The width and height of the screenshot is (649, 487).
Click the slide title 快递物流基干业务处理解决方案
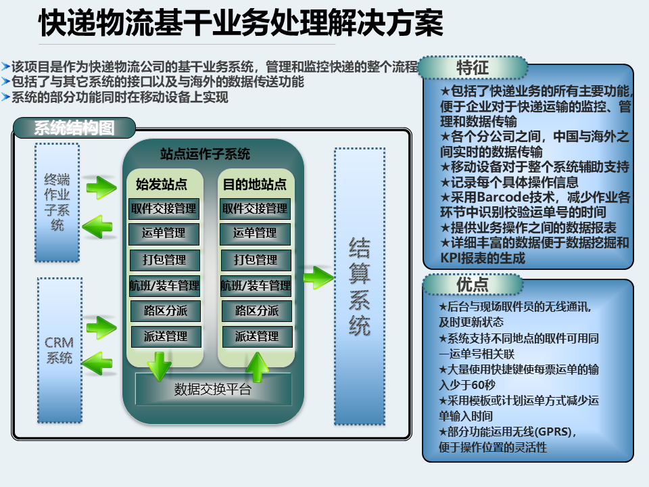pos(241,23)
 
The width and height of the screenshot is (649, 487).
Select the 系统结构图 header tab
pos(74,128)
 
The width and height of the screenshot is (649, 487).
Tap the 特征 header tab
pos(473,68)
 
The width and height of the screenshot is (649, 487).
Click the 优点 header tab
pos(473,285)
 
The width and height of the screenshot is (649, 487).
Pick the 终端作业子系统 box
pos(57,202)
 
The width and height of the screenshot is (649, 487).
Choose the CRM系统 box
pos(59,350)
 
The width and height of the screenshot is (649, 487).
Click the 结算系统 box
pos(360,286)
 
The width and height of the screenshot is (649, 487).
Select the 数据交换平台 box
pos(213,390)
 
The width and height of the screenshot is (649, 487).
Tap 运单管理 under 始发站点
pos(164,233)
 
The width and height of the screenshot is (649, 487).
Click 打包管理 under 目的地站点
pos(256,260)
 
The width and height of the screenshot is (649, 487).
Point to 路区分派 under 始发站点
pos(166,311)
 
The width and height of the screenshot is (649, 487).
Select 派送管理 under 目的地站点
pos(257,337)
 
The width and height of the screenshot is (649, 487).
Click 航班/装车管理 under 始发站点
pos(165,285)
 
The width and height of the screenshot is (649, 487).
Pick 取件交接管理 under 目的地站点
pos(255,209)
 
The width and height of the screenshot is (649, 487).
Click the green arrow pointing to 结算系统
pos(318,277)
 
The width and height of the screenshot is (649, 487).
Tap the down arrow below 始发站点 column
pos(160,367)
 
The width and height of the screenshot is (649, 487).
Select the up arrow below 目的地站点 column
pos(257,367)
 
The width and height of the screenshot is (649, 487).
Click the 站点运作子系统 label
pos(206,154)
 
